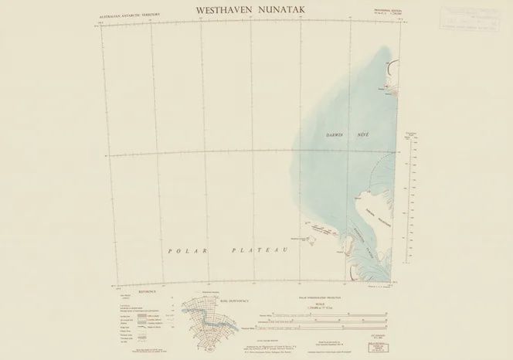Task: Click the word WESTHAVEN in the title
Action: pyautogui.click(x=223, y=11)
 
